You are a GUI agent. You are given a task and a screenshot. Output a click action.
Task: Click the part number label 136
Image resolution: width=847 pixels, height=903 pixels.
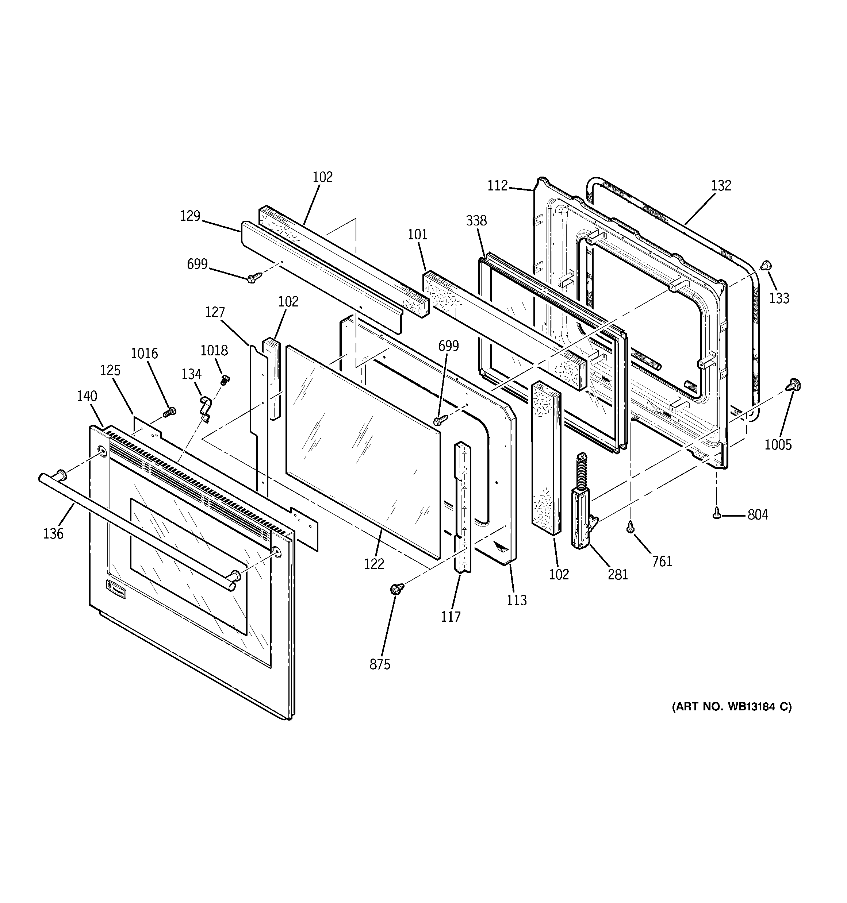(x=53, y=534)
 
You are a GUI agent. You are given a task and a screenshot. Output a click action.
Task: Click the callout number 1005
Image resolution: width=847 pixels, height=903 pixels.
(x=778, y=445)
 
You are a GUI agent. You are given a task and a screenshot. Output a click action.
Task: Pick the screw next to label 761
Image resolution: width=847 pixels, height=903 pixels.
(x=630, y=527)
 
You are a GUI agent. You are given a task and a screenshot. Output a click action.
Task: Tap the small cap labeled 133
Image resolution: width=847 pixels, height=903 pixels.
(x=766, y=265)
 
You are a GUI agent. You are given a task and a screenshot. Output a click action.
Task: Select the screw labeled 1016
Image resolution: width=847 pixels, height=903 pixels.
(x=169, y=412)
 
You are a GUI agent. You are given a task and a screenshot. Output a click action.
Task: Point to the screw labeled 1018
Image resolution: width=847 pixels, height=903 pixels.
(x=225, y=380)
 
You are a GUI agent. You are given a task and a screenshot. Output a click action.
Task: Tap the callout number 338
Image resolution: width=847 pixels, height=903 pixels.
(x=476, y=221)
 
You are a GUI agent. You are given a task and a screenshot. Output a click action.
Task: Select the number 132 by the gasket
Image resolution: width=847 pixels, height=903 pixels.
(x=721, y=185)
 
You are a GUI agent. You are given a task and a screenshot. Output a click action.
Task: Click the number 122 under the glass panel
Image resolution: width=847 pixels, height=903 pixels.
(x=374, y=564)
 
